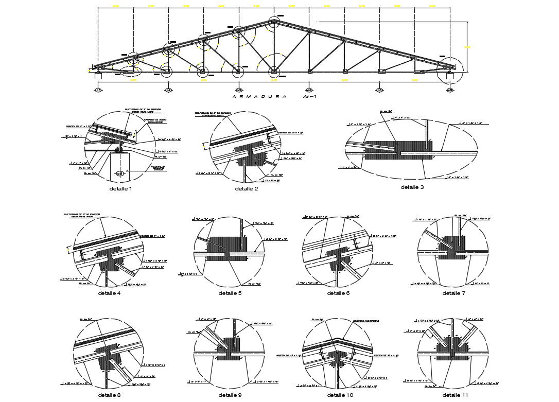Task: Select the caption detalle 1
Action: click(x=121, y=189)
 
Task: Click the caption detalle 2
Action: click(x=247, y=189)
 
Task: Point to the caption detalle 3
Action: click(x=412, y=187)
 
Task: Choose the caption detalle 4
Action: click(x=109, y=293)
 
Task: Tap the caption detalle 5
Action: click(x=230, y=293)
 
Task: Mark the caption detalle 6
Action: click(x=338, y=293)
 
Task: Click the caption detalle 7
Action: click(x=453, y=293)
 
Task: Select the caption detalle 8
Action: click(x=109, y=395)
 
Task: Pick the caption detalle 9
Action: click(x=230, y=395)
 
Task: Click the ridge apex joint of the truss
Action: click(x=274, y=22)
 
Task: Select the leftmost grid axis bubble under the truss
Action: click(x=97, y=90)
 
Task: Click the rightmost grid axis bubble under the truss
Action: click(x=450, y=90)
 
